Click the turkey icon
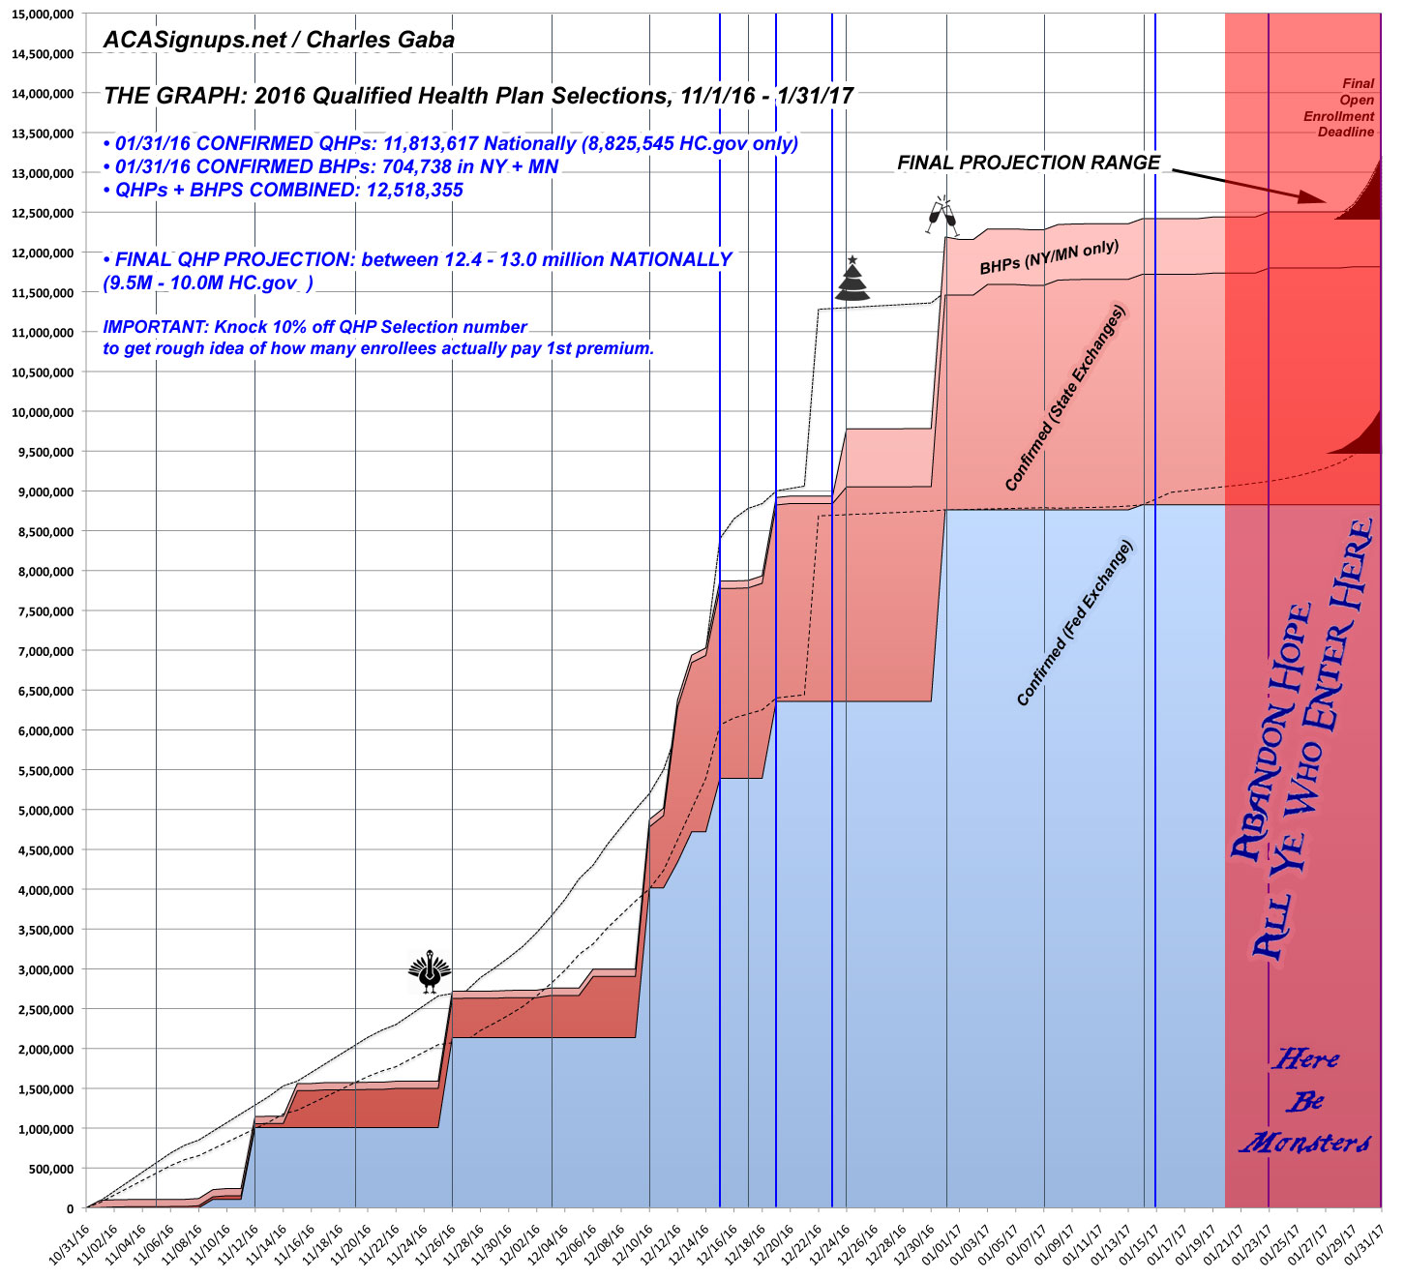pos(430,972)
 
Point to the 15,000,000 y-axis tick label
pos(44,14)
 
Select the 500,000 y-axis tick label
pos(50,1169)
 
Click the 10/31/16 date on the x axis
pos(73,1247)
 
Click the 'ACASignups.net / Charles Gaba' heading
pos(278,41)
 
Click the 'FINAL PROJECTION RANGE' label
pos(1029,163)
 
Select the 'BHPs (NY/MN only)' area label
pos(1049,257)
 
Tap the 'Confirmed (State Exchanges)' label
pos(1066,399)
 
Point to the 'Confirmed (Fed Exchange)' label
pos(1074,623)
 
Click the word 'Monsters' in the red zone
pos(1305,1143)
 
